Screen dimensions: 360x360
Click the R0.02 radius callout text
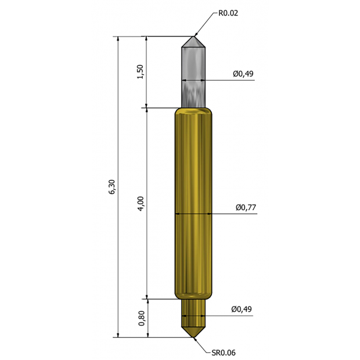pyautogui.click(x=228, y=13)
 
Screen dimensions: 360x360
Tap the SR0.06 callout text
pyautogui.click(x=224, y=352)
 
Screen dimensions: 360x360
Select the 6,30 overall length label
pyautogui.click(x=112, y=186)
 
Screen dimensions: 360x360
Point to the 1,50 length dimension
pyautogui.click(x=140, y=72)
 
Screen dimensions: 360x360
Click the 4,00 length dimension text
pyautogui.click(x=141, y=203)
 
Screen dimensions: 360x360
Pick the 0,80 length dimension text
pyautogui.click(x=142, y=318)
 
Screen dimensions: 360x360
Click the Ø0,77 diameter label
pyautogui.click(x=246, y=207)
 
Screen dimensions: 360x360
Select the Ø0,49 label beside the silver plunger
pyautogui.click(x=243, y=74)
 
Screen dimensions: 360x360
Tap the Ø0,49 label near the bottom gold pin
pyautogui.click(x=242, y=309)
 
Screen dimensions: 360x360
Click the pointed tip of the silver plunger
pyautogui.click(x=193, y=37)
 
